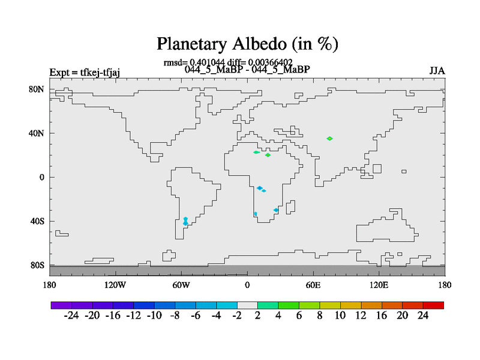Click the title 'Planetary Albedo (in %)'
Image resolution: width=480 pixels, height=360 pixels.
pos(247,44)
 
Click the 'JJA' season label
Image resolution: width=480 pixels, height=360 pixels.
pos(437,71)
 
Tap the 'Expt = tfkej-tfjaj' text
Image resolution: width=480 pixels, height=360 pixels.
pos(85,73)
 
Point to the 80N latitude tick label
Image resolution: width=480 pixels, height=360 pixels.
pos(37,89)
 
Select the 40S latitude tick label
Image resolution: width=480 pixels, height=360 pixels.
pos(37,221)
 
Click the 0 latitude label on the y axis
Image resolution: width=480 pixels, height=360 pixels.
pos(42,177)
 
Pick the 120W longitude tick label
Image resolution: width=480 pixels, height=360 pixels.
pos(115,285)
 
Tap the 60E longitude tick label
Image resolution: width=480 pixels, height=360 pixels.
pos(313,285)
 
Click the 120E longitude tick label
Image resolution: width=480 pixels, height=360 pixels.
pos(379,285)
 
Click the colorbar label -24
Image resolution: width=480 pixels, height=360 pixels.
pos(71,316)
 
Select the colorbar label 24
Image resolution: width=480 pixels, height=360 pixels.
pos(423,316)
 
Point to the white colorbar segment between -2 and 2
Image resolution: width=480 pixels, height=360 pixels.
pos(247,305)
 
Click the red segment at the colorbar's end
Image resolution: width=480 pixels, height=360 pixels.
pos(433,305)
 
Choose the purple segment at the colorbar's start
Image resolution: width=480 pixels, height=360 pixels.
pos(61,305)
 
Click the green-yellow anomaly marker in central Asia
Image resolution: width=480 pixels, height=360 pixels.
pos(329,139)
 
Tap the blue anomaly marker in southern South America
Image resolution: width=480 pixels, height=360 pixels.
pos(185,221)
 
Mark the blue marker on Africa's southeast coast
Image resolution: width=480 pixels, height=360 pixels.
pos(276,210)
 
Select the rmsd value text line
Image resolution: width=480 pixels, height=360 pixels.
pos(228,62)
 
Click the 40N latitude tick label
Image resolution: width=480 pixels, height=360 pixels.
pos(37,133)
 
